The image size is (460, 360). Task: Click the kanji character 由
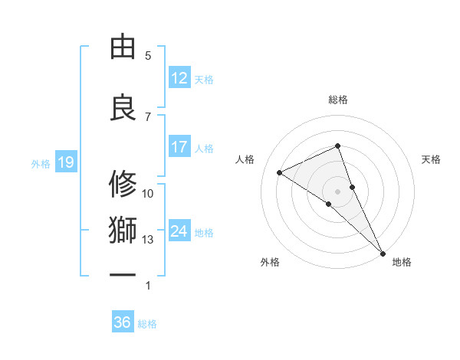point(123,47)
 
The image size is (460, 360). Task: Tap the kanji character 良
point(123,106)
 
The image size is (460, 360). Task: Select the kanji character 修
point(123,185)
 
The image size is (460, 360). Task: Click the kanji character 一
point(123,274)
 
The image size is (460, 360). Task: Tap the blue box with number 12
point(179,78)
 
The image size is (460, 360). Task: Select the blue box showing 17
point(179,147)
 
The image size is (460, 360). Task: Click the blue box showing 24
point(179,231)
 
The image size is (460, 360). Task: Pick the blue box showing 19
point(65,162)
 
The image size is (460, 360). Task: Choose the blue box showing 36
point(123,322)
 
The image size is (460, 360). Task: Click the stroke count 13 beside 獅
point(148,240)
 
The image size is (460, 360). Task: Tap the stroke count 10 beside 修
point(148,193)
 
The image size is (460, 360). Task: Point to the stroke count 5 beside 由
point(148,56)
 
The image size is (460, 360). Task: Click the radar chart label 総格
point(337,100)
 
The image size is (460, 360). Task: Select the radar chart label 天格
point(431,159)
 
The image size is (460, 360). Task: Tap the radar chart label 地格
point(402,262)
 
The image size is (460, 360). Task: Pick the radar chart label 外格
point(270,262)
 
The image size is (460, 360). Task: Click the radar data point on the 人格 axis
point(280,172)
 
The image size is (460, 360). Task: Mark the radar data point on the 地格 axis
point(382,252)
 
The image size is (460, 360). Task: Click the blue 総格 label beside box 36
point(147,324)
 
